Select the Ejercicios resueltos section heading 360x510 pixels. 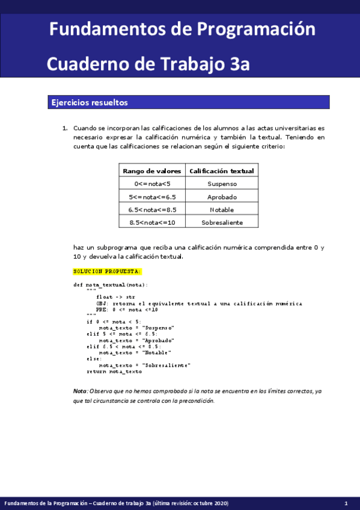click(90, 103)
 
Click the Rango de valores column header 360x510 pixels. click(152, 171)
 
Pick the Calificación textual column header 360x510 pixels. click(222, 171)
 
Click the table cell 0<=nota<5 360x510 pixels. click(152, 184)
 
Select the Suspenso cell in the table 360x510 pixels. click(222, 184)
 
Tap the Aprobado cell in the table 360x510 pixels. click(222, 197)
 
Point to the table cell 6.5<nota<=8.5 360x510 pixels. click(152, 210)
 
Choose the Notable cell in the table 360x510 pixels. click(222, 210)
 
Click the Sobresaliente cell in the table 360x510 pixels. click(222, 223)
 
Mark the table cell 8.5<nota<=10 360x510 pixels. click(152, 223)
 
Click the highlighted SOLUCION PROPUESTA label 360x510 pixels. click(107, 272)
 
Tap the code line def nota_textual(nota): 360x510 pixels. click(110, 284)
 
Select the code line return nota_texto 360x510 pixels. click(114, 372)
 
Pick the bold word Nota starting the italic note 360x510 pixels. click(79, 391)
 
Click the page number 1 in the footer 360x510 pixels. click(346, 503)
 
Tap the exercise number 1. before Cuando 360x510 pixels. click(65, 129)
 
